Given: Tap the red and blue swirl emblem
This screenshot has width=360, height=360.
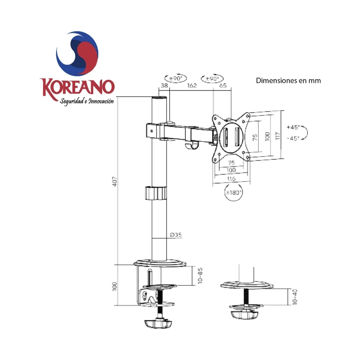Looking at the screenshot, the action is [77, 53].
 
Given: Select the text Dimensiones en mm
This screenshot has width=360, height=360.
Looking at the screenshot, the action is [288, 81].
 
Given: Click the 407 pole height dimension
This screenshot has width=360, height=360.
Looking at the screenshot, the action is [115, 181].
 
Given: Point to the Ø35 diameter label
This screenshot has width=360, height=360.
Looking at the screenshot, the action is [175, 234].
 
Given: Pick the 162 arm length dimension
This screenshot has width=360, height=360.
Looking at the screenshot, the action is [192, 85].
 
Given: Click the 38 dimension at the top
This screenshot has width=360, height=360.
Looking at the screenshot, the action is [164, 85].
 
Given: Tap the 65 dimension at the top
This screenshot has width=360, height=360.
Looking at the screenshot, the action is [223, 85].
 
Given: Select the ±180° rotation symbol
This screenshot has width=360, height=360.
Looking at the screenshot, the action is [234, 193].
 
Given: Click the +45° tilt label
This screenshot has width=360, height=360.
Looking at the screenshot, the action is [293, 127].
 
